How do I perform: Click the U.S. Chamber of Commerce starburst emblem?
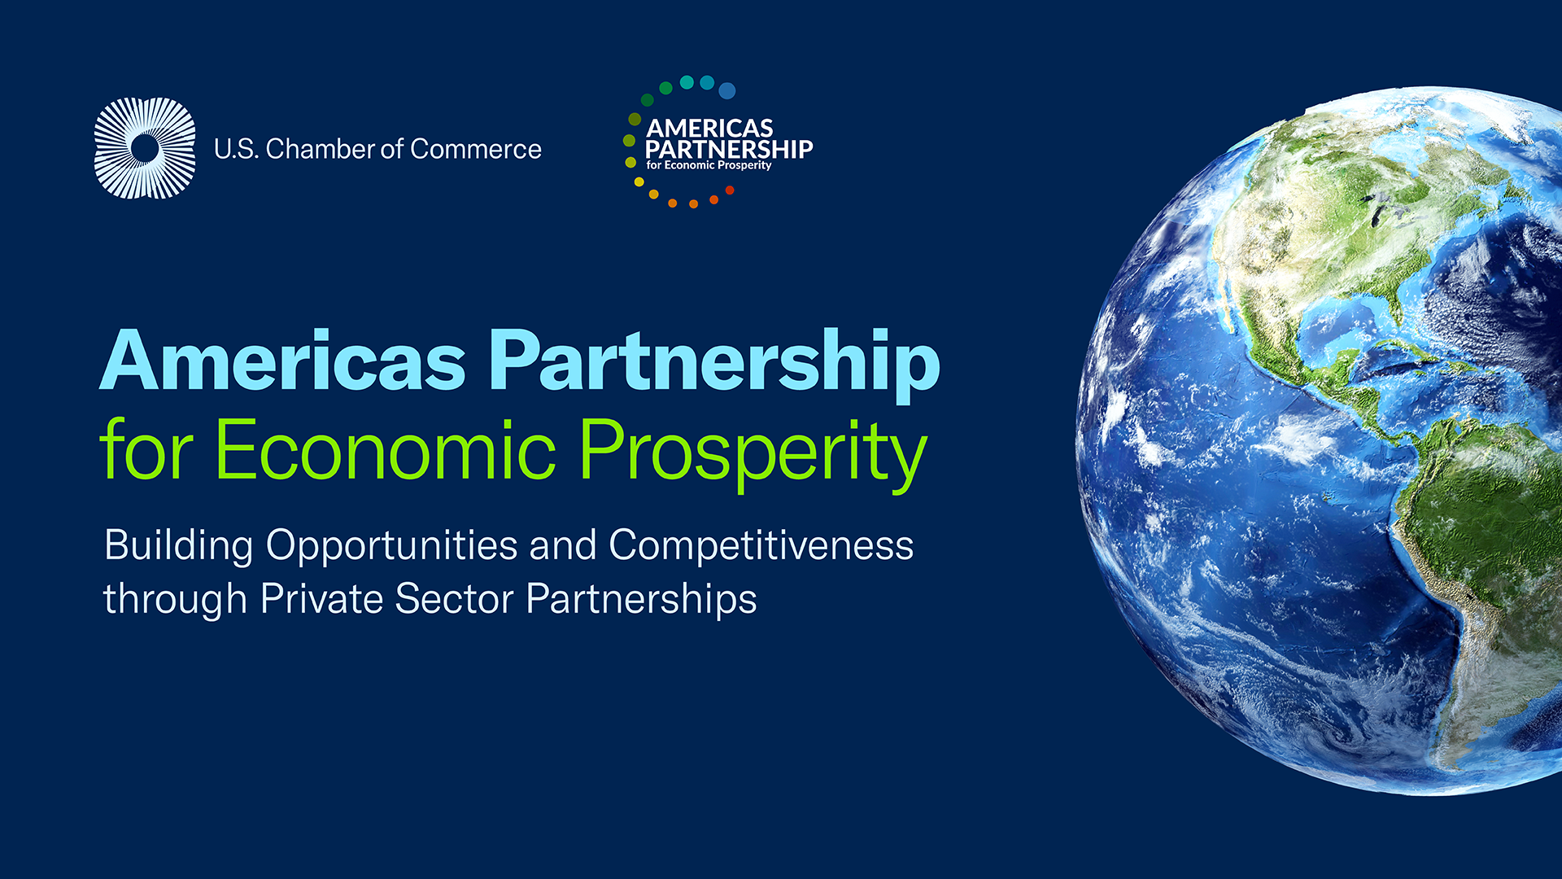pos(145,148)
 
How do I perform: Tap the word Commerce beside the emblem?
pos(476,149)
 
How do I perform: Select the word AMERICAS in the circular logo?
pos(709,129)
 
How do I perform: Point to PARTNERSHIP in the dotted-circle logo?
pos(729,149)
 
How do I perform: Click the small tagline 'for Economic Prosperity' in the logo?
pos(709,165)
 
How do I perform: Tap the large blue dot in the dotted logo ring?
pos(727,90)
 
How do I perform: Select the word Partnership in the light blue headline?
pos(715,365)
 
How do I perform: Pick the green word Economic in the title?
pos(386,449)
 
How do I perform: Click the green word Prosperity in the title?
pos(753,454)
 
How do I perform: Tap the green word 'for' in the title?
pos(147,448)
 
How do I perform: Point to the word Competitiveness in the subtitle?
pos(761,545)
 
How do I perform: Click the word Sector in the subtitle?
pos(454,600)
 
